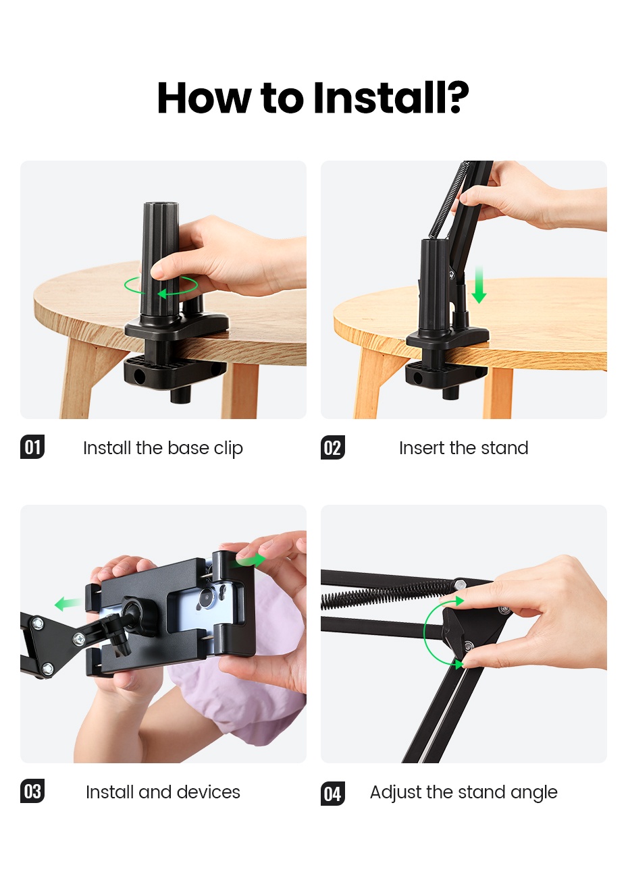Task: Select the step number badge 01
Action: pyautogui.click(x=32, y=447)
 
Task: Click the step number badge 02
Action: pyautogui.click(x=332, y=448)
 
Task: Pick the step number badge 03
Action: pyautogui.click(x=32, y=792)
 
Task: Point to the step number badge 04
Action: pyautogui.click(x=332, y=794)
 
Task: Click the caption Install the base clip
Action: pyautogui.click(x=163, y=448)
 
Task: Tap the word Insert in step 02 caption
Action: pyautogui.click(x=421, y=448)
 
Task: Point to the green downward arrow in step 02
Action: pyautogui.click(x=479, y=285)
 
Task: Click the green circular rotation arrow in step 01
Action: pyautogui.click(x=161, y=286)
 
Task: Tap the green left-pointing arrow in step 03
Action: pyautogui.click(x=68, y=603)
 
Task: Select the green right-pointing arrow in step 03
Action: pyautogui.click(x=249, y=560)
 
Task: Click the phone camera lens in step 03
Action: pyautogui.click(x=205, y=600)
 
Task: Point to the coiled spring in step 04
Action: pyautogui.click(x=385, y=594)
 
